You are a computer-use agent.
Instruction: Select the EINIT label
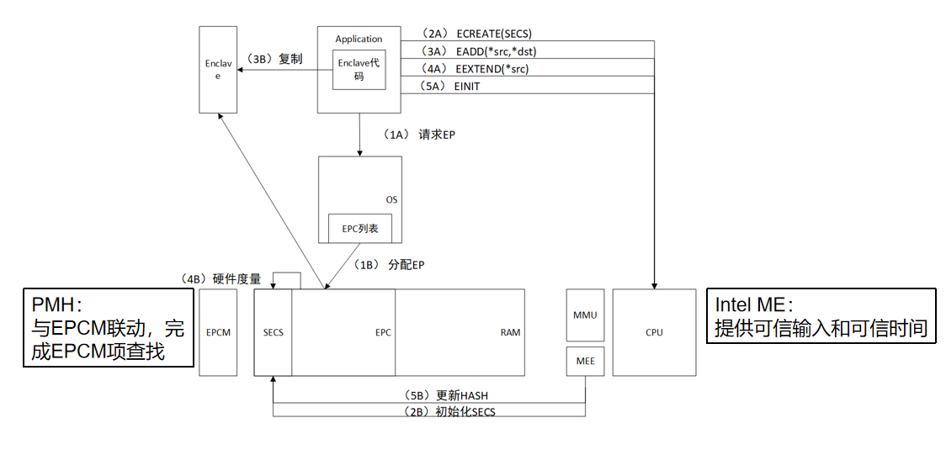468,87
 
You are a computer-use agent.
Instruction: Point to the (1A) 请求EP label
418,135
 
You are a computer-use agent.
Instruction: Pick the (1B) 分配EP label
389,265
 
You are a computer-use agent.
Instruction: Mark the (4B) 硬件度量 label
221,278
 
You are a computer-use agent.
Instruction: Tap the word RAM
510,332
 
